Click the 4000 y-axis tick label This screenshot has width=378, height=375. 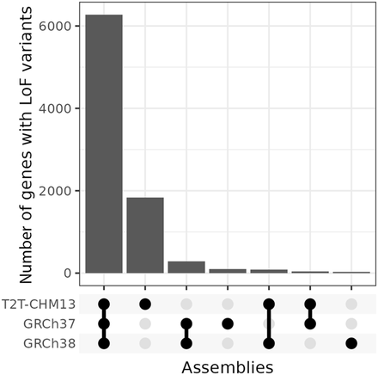[62, 108]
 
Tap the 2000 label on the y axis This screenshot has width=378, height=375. [62, 191]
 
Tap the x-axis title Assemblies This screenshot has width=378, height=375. [228, 366]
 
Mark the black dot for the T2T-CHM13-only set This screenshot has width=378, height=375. [145, 304]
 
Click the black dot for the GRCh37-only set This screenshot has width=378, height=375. [228, 323]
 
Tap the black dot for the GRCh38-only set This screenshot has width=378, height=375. [351, 343]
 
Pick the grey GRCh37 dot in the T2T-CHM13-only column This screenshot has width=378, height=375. [145, 323]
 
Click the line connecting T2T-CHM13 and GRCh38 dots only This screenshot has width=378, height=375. [269, 323]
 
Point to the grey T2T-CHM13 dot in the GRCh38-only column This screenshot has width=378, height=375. [351, 304]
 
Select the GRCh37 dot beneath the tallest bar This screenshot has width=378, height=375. [104, 323]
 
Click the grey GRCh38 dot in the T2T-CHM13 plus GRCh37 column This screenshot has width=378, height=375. [310, 343]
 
